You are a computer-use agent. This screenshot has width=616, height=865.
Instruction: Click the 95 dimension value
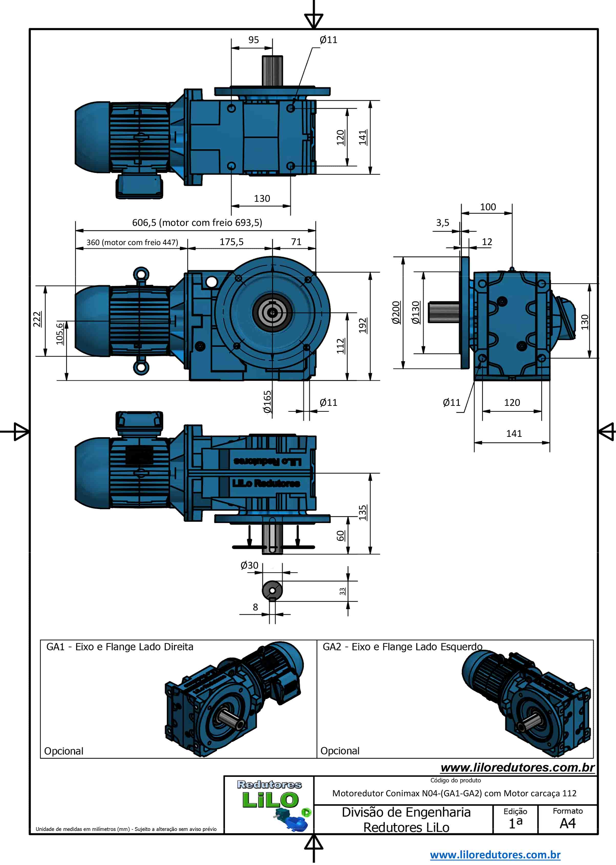[x=253, y=40]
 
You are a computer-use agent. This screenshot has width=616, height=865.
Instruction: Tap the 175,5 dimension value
[x=231, y=242]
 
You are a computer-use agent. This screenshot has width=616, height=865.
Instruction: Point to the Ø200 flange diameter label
[x=396, y=312]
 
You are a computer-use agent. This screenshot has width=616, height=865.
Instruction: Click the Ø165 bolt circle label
[x=267, y=401]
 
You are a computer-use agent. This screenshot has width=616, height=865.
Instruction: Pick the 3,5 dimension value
[x=442, y=223]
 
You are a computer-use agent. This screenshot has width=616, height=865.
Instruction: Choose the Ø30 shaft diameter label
[x=249, y=565]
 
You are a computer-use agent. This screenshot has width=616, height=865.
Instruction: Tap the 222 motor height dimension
[x=37, y=319]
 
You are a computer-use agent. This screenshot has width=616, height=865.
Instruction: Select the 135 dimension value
[x=363, y=512]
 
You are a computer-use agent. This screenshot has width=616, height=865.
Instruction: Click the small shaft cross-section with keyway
[x=272, y=591]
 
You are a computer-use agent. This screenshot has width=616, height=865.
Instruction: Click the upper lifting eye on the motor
[x=141, y=274]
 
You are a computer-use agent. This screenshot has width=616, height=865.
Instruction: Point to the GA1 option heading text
[x=120, y=647]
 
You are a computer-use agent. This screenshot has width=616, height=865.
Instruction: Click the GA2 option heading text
[x=402, y=647]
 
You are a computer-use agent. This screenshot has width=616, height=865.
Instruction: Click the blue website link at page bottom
[x=495, y=855]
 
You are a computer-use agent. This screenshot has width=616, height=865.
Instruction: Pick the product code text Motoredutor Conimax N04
[x=454, y=793]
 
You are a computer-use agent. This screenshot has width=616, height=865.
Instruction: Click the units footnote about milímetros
[x=126, y=829]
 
